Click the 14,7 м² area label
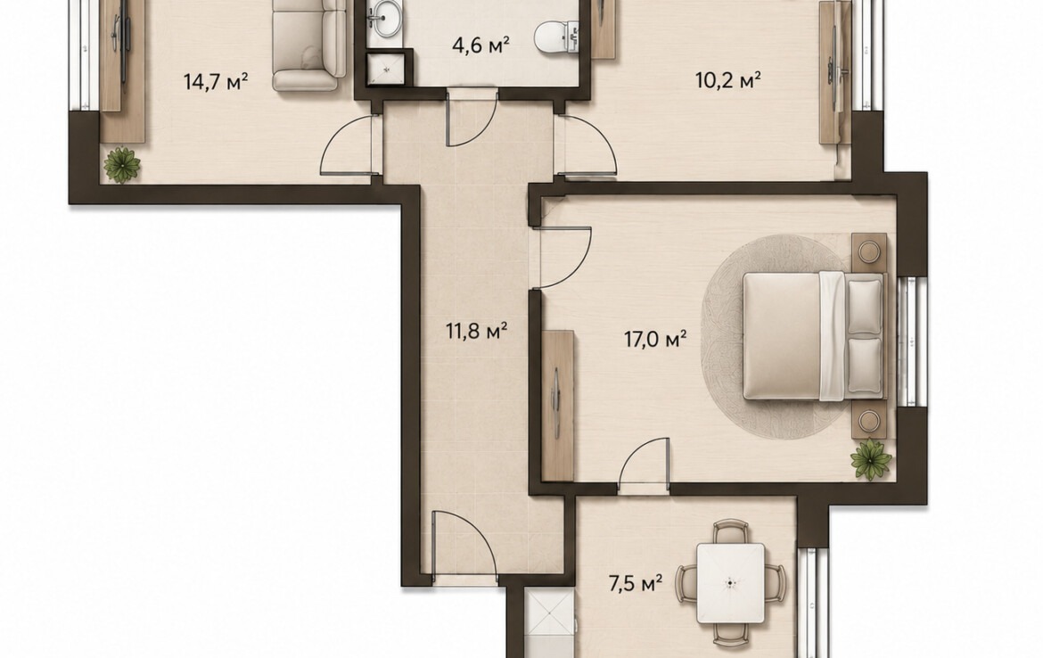pos(216,82)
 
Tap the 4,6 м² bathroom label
pos(480,45)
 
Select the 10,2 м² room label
pos(727,80)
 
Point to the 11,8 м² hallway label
pos(477,330)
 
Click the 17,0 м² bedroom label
pos(654,339)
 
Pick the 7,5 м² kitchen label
pos(636,584)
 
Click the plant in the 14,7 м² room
pos(122,164)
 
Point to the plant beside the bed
pos(871,457)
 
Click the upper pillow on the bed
pos(864,306)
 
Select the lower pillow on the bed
pos(864,366)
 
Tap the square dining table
pos(730,583)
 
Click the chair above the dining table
pos(730,532)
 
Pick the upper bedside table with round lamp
pos(868,252)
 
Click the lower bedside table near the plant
pos(868,420)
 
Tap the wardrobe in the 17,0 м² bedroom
pos(557,405)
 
